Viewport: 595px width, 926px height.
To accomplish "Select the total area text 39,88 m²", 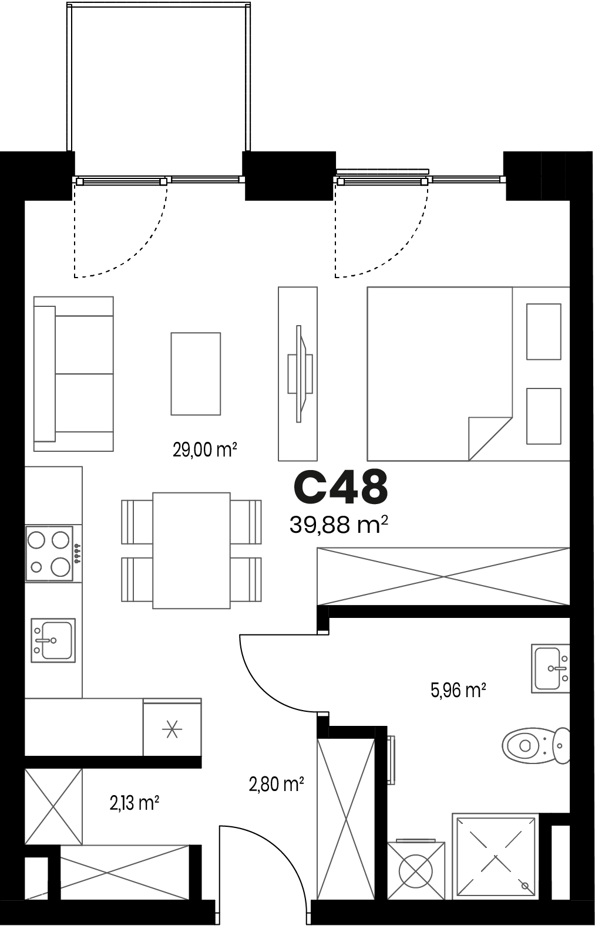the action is pos(339,525).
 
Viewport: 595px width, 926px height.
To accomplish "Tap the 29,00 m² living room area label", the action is pos(205,450).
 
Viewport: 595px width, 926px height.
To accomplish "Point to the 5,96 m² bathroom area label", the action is pos(458,690).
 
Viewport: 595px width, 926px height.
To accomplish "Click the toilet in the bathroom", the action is pos(536,746).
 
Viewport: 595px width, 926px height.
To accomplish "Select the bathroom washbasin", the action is pos(551,668).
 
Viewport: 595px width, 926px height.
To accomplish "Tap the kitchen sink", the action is pos(53,640).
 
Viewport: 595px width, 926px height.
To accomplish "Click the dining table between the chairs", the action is pos(191,550).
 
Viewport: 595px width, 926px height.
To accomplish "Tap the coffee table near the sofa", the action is pos(196,373).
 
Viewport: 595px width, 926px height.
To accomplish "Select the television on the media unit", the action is pos(300,374).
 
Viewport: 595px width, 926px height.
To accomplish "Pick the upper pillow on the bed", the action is pos(544,332).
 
